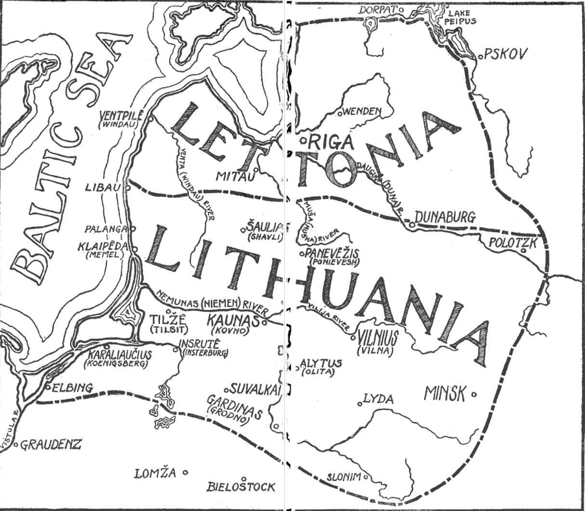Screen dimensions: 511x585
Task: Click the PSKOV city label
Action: (x=506, y=54)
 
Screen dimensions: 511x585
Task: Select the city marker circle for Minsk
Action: (x=474, y=394)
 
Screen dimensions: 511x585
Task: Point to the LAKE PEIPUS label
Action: (x=462, y=17)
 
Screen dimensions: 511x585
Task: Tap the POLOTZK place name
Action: (x=512, y=243)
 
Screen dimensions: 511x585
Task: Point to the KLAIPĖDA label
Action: (x=103, y=247)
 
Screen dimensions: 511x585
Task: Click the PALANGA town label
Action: (x=106, y=229)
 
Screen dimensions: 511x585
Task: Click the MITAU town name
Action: (x=234, y=176)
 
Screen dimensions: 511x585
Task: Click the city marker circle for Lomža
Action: (x=185, y=473)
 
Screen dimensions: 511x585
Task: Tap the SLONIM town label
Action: (x=344, y=477)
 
